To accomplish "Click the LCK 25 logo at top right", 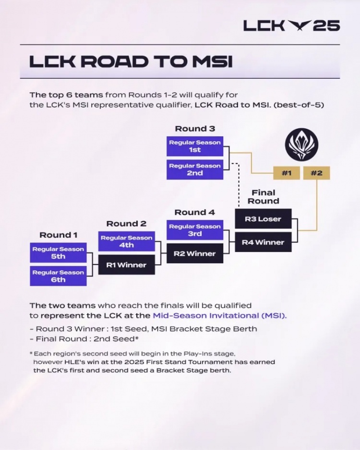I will (291, 25).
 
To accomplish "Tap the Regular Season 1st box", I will (195, 146).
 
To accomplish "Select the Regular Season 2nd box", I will (195, 170).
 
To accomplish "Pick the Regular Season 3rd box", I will (195, 230).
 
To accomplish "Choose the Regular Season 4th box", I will (126, 242).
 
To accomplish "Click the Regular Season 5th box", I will (58, 253).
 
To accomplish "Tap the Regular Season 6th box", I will (58, 276).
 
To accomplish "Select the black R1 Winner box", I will (126, 265).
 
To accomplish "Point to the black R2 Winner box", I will (195, 254).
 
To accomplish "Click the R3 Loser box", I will (263, 219).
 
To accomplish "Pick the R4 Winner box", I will (263, 242).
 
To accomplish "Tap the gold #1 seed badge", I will (287, 173).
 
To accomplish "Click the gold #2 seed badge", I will (316, 173).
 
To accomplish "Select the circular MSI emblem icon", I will (300, 144).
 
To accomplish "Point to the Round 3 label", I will (195, 129).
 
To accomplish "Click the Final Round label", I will (263, 197).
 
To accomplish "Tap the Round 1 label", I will (58, 235).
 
